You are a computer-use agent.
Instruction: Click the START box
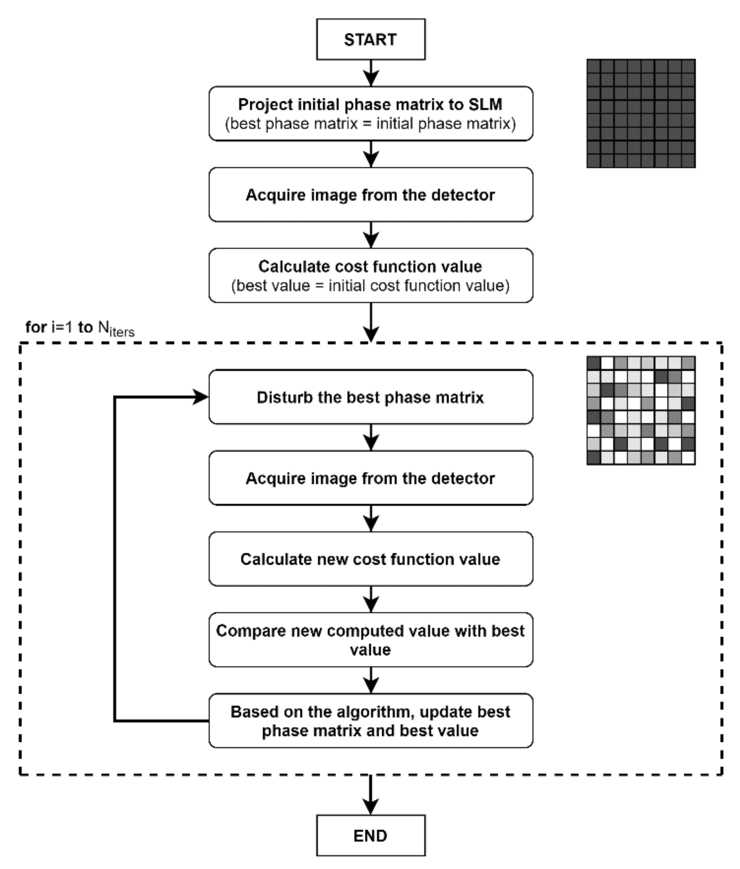pos(371,39)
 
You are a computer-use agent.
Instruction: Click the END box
pos(371,835)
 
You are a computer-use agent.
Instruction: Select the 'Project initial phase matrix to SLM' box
pos(371,114)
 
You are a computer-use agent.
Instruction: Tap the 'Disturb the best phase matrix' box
pos(371,397)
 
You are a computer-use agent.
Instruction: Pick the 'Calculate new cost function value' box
pos(371,559)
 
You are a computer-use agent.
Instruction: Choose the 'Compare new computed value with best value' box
pos(371,640)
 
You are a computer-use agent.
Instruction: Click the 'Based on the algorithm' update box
pos(371,720)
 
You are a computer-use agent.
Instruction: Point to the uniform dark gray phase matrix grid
pos(641,114)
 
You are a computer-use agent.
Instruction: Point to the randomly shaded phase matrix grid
pos(641,410)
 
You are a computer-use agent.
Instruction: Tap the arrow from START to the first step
pos(371,73)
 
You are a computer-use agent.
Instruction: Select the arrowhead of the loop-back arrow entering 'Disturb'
pos(200,397)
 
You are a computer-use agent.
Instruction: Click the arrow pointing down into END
pos(371,795)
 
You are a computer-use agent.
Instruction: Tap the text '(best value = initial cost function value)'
pos(371,286)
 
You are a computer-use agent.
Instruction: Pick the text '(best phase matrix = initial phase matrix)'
pos(371,124)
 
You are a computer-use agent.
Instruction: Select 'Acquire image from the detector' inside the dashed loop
pos(371,478)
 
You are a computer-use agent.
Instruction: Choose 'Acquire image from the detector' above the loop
pos(371,195)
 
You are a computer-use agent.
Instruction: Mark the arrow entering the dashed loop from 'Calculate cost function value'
pos(371,322)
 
